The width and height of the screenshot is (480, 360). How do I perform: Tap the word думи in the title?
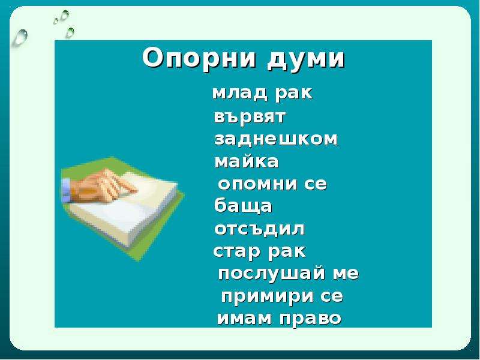(306, 59)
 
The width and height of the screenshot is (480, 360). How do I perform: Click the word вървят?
(250, 117)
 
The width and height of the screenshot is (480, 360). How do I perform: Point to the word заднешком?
(276, 139)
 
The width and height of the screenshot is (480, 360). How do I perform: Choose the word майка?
(247, 161)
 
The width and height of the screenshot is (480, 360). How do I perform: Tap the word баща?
(243, 206)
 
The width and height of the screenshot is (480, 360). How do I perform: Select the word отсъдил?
(260, 229)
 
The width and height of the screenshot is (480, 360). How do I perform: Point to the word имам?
(244, 319)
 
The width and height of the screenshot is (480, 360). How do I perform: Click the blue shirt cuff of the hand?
(66, 190)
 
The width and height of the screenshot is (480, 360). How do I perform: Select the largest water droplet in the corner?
(20, 37)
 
